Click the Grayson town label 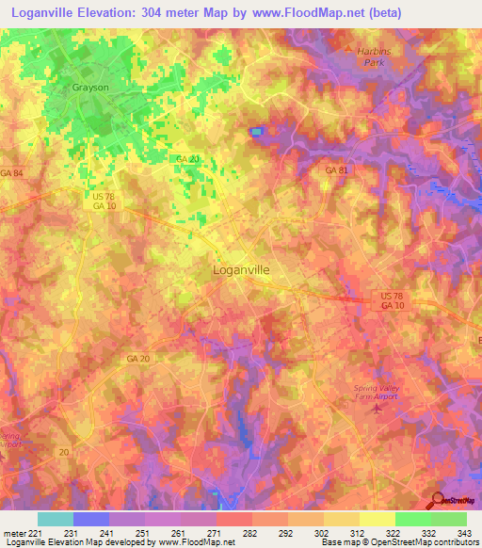(91, 87)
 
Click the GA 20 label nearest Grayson (187, 159)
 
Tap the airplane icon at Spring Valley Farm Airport (378, 408)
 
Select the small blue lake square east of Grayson (256, 132)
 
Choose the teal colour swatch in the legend (56, 519)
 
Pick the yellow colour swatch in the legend (378, 519)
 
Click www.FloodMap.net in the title (321, 14)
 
